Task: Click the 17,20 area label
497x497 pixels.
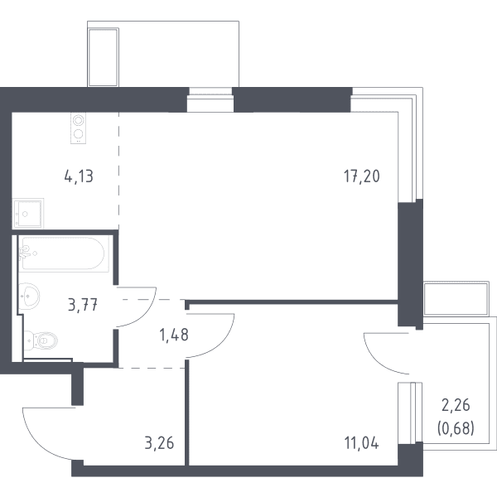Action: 362,176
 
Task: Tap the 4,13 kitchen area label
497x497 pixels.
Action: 79,176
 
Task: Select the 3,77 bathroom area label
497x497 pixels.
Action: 82,306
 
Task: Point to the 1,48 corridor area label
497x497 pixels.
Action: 174,335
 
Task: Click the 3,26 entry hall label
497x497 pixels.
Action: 159,443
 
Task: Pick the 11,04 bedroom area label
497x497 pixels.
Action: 361,443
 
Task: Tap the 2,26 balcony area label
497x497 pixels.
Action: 456,405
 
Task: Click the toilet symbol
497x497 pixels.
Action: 41,341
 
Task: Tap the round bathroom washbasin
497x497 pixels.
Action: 29,296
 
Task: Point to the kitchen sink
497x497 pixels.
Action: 27,214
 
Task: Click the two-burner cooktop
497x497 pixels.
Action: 79,128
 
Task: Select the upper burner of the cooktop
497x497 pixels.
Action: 79,120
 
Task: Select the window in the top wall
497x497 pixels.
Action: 210,99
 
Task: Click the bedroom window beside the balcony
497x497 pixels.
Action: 410,413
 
